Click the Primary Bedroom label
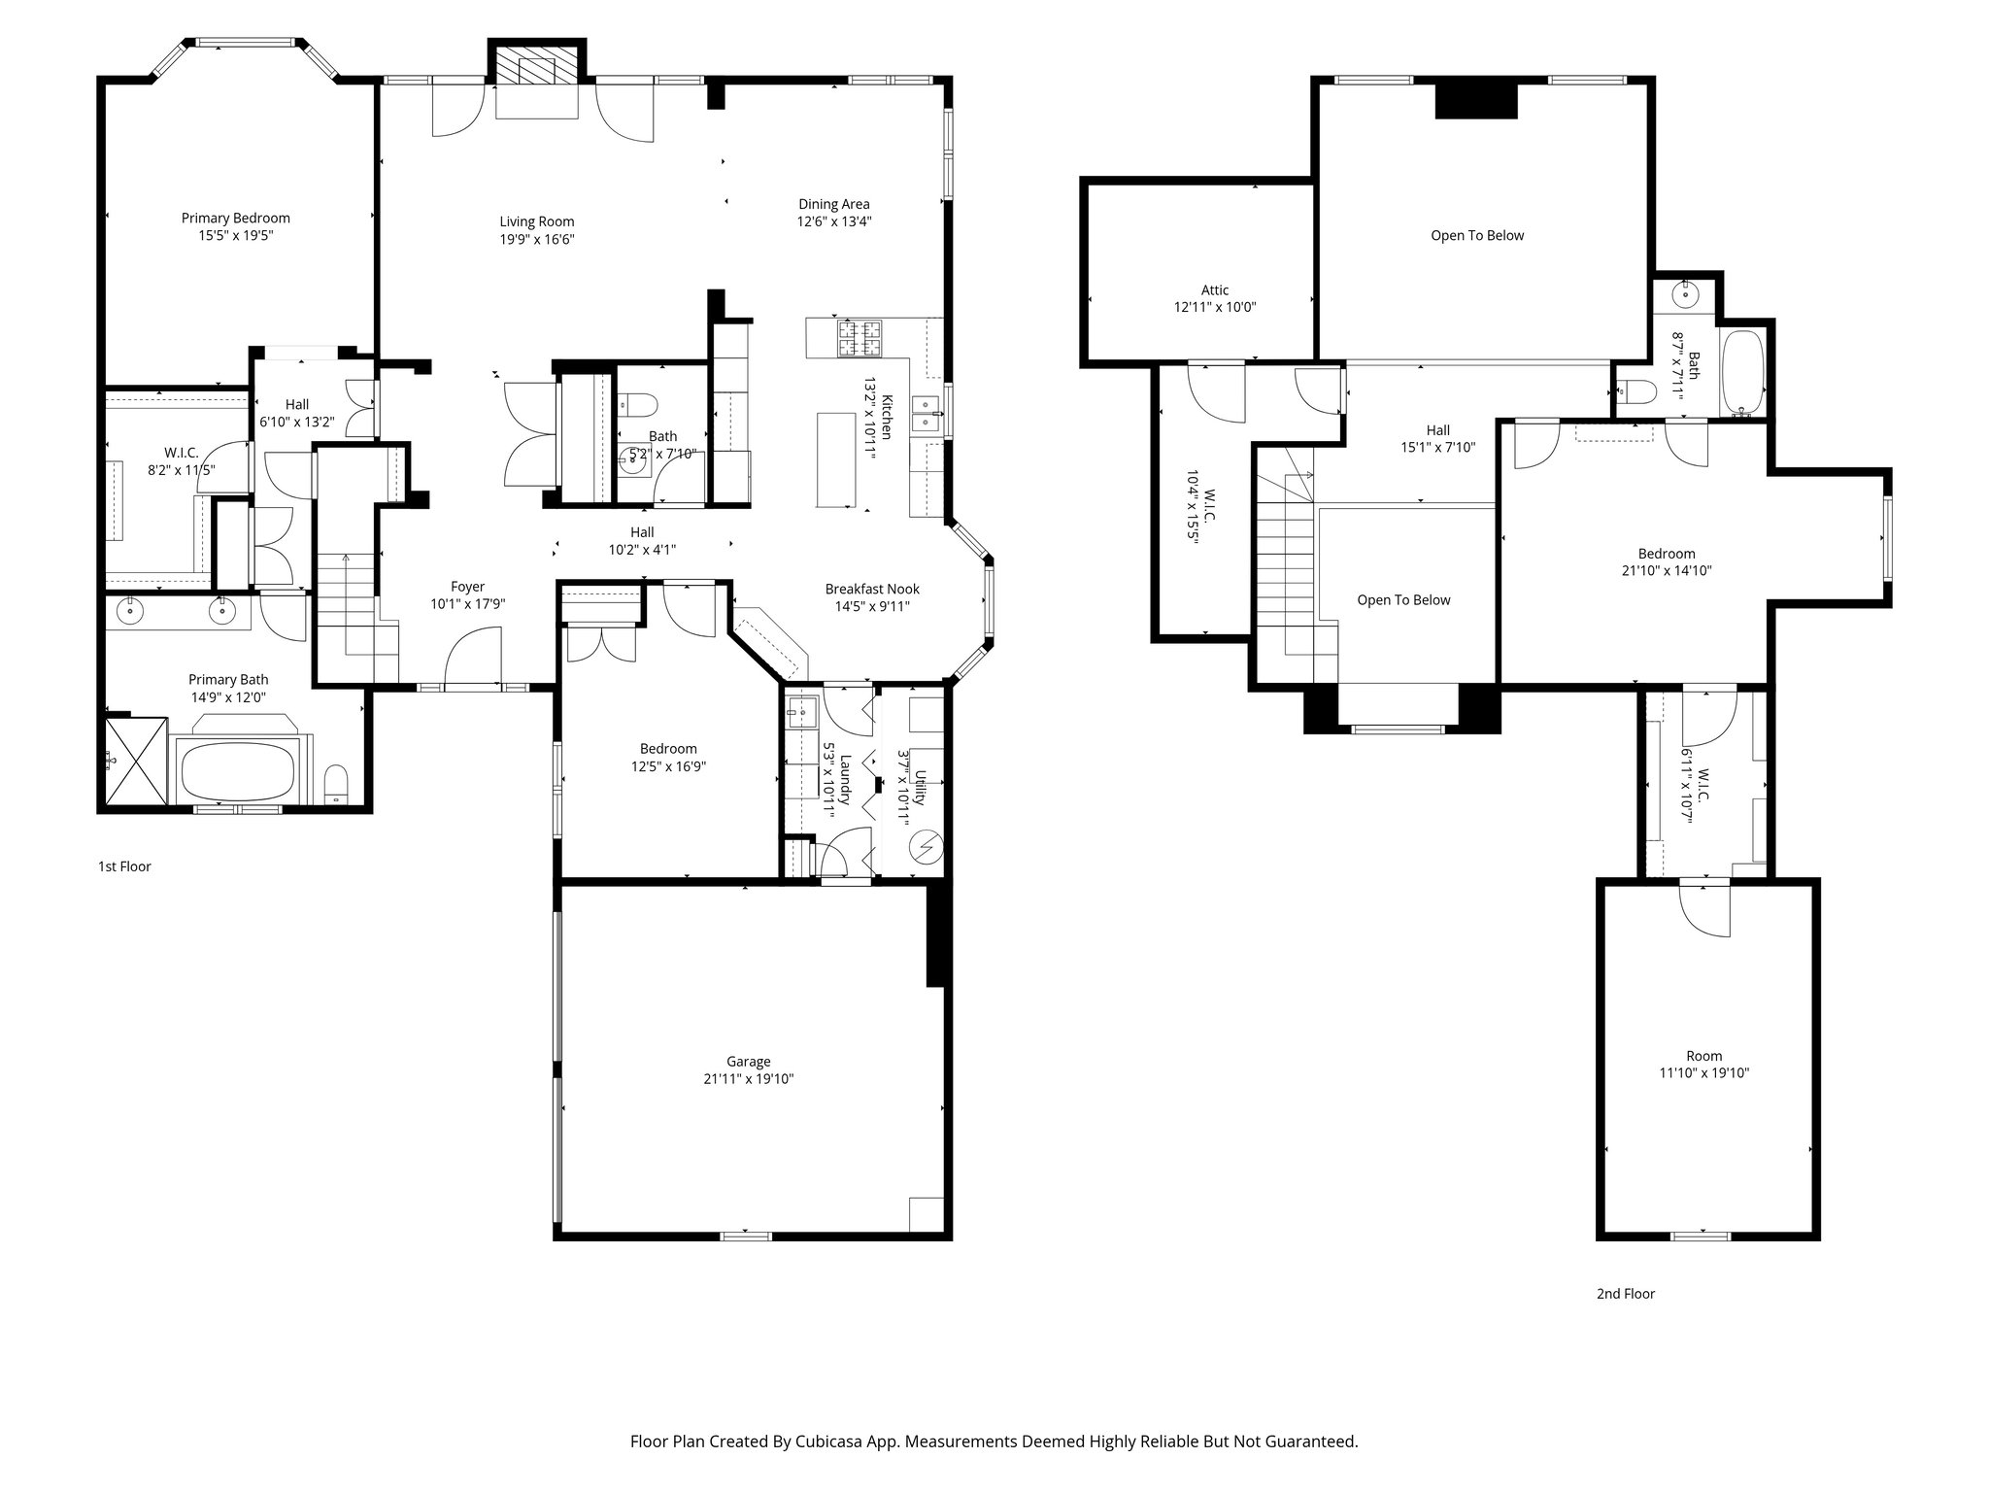tap(235, 219)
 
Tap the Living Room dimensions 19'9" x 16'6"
tap(536, 239)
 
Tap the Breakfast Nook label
tap(871, 589)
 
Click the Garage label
tap(748, 1062)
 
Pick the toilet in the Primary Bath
tap(336, 784)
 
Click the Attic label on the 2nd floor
tap(1214, 289)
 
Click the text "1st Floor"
tap(124, 866)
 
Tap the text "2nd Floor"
tap(1625, 1294)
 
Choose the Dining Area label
tap(833, 204)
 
